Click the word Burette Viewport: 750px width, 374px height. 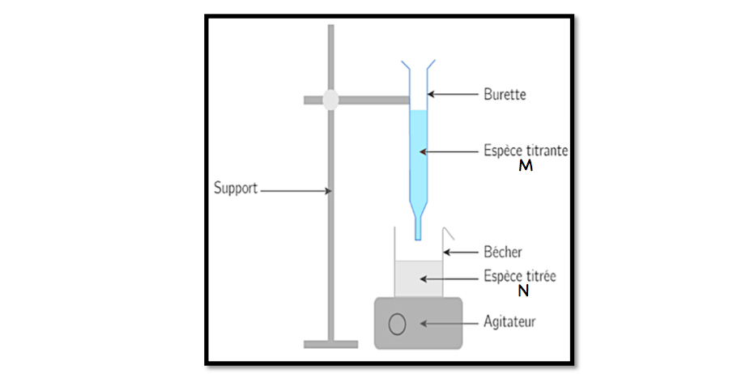pyautogui.click(x=505, y=95)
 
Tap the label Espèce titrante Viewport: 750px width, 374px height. pyautogui.click(x=526, y=151)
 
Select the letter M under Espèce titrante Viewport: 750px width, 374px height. pyautogui.click(x=525, y=166)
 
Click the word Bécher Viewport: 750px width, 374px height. pyautogui.click(x=502, y=253)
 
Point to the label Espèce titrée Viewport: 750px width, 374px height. pyautogui.click(x=519, y=276)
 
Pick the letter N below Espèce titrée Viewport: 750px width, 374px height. pyautogui.click(x=523, y=291)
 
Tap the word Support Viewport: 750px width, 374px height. pyautogui.click(x=236, y=189)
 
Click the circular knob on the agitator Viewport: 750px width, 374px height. pyautogui.click(x=397, y=324)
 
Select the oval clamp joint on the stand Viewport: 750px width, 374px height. pyautogui.click(x=330, y=99)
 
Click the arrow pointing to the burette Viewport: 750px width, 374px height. pyautogui.click(x=453, y=95)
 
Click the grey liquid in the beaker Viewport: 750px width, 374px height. pyautogui.click(x=419, y=279)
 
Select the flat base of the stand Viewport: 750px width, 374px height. pyautogui.click(x=330, y=344)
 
